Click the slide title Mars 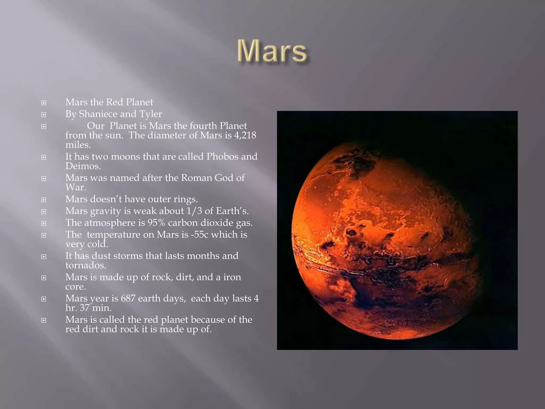[272, 51]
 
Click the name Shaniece [98, 114]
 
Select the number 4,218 [245, 135]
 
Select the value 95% [156, 223]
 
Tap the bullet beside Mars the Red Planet [44, 103]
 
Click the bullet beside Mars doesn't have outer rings [44, 200]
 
